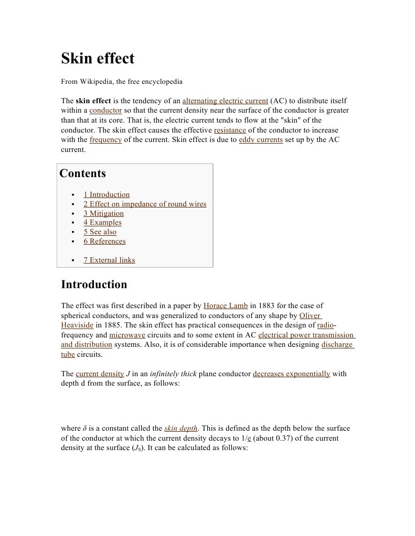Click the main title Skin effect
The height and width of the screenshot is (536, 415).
click(98, 58)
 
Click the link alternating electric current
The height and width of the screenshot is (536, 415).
click(225, 101)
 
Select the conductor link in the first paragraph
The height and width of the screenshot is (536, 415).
click(105, 111)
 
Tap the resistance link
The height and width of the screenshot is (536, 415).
click(230, 130)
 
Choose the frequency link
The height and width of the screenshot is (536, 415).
click(105, 140)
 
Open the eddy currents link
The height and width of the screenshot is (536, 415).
click(261, 140)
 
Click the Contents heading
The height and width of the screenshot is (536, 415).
click(83, 173)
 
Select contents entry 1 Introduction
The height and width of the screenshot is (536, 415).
click(107, 194)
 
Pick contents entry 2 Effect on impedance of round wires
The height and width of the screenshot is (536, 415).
click(145, 204)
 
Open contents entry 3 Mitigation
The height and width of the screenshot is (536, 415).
click(104, 213)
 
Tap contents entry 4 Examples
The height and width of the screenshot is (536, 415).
click(102, 222)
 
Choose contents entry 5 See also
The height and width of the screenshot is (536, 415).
click(100, 232)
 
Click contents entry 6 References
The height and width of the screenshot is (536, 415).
click(104, 241)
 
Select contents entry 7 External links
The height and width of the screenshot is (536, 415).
click(109, 260)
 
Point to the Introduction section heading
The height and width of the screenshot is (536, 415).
click(94, 285)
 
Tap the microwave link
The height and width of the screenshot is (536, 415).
click(127, 335)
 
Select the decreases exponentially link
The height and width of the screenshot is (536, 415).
click(291, 374)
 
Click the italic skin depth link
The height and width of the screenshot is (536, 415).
click(181, 428)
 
